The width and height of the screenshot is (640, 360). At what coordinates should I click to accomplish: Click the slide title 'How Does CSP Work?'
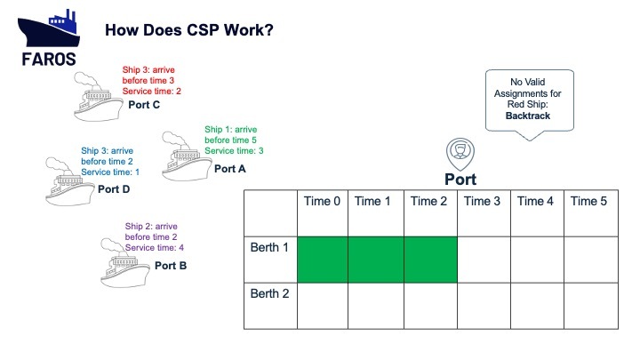[189, 30]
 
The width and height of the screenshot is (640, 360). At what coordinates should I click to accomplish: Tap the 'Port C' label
[144, 105]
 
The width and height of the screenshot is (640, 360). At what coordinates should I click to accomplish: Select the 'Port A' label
[230, 169]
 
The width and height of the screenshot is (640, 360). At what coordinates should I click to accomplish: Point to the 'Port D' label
[114, 189]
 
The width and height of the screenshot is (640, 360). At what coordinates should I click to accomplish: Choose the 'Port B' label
[171, 266]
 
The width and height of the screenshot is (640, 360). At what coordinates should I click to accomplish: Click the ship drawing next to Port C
[98, 97]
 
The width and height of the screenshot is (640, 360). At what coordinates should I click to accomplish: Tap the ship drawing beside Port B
[125, 263]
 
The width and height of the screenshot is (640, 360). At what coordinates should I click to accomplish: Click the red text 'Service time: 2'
[151, 91]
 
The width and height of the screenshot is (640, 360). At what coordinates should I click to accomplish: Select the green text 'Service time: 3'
[234, 150]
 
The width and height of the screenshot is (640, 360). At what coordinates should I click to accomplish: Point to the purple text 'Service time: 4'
[155, 247]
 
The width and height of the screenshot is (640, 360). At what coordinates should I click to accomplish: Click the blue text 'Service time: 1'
[110, 172]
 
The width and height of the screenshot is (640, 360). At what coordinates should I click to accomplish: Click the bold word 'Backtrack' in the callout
[528, 116]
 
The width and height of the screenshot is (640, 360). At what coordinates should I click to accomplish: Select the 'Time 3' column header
[482, 201]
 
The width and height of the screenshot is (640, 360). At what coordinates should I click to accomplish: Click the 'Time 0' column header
[322, 201]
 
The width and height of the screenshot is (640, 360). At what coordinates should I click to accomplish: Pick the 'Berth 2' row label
[270, 293]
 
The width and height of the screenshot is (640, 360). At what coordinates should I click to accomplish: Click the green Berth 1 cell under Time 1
[376, 260]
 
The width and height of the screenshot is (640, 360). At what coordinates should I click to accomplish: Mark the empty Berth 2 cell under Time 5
[591, 306]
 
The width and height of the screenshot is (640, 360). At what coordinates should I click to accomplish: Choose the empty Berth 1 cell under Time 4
[537, 260]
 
